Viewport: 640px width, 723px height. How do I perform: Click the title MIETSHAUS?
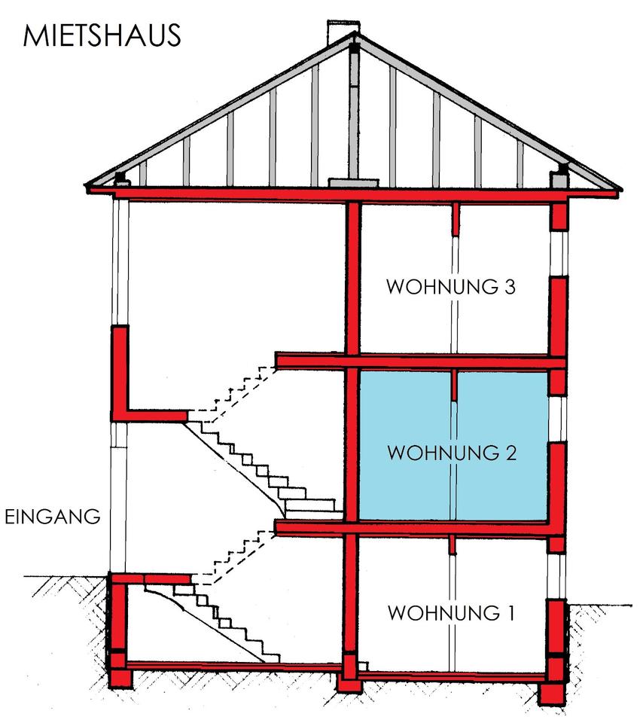click(x=102, y=35)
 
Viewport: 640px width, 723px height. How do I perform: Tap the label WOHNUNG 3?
click(x=450, y=288)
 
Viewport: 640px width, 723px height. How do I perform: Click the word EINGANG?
click(x=52, y=517)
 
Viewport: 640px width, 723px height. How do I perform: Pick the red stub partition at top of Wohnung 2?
click(x=456, y=385)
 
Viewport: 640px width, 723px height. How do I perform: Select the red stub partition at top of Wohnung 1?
click(x=454, y=545)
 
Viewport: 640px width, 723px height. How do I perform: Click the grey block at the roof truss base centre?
click(x=352, y=182)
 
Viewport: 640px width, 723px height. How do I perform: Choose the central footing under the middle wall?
click(x=349, y=684)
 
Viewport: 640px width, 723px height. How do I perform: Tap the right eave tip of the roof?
click(x=620, y=189)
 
